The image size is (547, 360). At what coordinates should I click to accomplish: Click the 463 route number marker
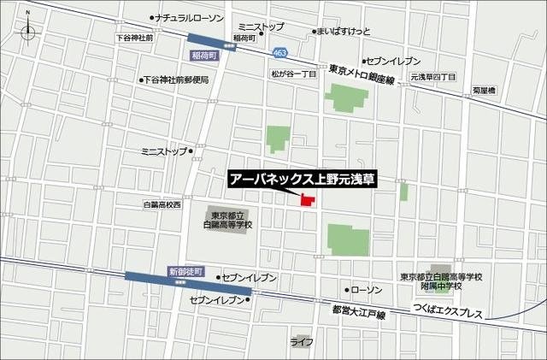[x=280, y=53]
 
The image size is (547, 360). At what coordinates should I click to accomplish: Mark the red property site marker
[x=306, y=200]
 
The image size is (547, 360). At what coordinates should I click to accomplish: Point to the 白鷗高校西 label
[x=162, y=205]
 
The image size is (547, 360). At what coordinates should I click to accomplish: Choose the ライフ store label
[x=300, y=343]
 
